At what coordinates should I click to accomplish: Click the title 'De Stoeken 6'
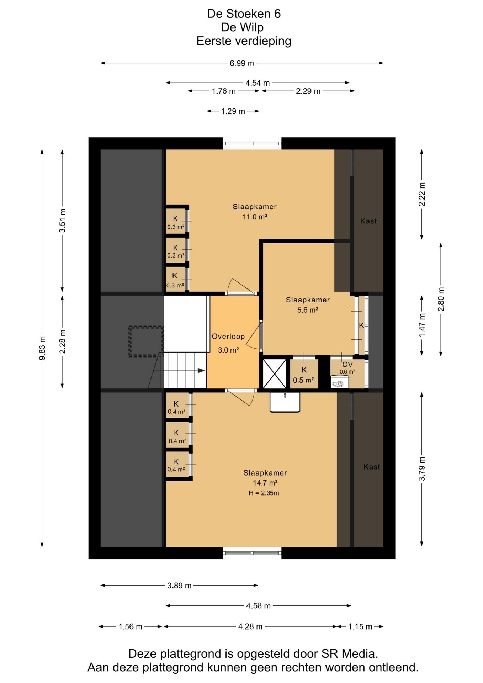point(244,14)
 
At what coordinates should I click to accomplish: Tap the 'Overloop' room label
point(228,337)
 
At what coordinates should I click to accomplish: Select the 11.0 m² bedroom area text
point(255,217)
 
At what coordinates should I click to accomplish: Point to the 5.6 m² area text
point(308,310)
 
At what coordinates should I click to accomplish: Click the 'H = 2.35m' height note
point(264,493)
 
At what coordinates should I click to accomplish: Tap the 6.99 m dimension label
point(242,63)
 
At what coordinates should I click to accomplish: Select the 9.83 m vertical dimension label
point(42,348)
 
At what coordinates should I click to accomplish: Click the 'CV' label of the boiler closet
point(347,365)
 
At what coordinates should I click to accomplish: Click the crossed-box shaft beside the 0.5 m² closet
point(275,374)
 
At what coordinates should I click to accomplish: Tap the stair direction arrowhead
point(201,371)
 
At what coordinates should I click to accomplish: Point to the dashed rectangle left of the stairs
point(146,341)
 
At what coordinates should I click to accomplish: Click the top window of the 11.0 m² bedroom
point(252,144)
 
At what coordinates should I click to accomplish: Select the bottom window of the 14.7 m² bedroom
point(252,553)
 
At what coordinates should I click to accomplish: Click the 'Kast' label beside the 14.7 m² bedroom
point(372,467)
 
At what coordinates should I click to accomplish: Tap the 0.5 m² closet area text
point(303,380)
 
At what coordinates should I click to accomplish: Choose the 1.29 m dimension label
point(233,111)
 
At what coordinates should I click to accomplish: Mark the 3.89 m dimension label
point(179,586)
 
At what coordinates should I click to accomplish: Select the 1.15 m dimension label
point(360,627)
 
